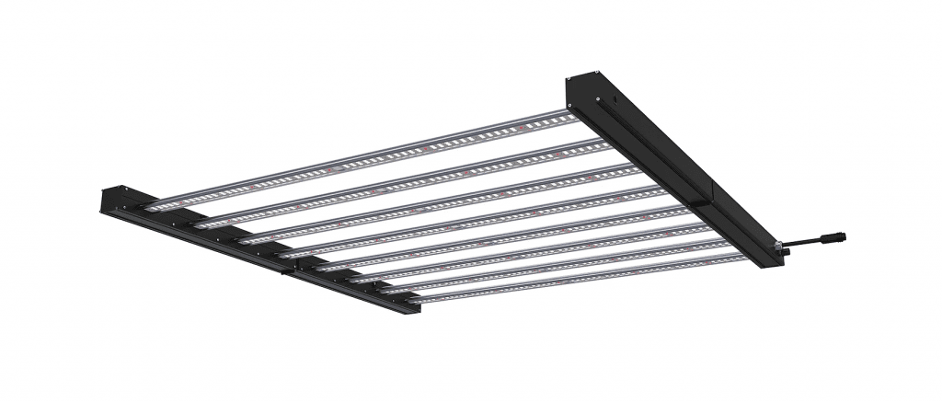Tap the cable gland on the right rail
(781, 247)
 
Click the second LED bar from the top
(405, 180)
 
